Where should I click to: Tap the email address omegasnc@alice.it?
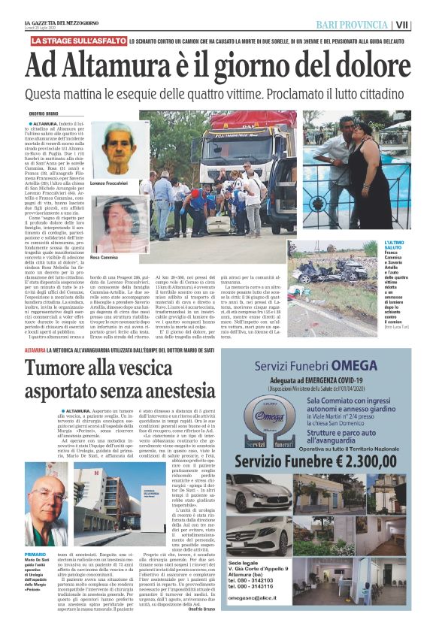[x=272, y=617]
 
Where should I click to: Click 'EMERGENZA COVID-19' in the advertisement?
[x=353, y=380]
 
